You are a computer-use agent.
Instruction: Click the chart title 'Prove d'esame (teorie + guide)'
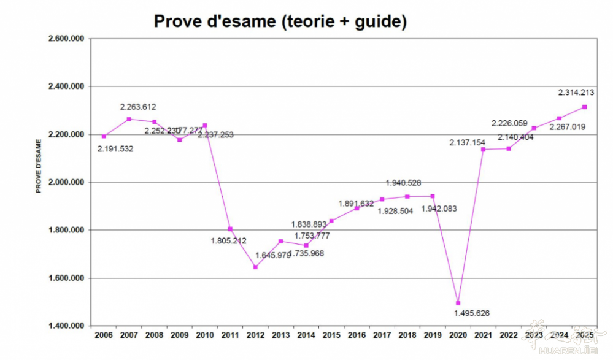[280, 21]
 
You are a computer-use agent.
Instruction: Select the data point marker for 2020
[458, 303]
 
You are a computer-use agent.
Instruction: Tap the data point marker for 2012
[255, 267]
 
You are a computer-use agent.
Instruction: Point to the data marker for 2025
[584, 107]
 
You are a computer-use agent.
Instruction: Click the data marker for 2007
[129, 119]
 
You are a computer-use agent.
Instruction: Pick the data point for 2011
[230, 229]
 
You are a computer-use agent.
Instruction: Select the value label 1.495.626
[472, 313]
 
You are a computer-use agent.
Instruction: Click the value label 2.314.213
[576, 93]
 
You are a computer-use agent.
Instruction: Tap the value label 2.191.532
[115, 148]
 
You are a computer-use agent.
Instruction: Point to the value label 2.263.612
[138, 107]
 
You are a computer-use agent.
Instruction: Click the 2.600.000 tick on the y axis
[66, 39]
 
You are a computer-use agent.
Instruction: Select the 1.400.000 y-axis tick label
[66, 326]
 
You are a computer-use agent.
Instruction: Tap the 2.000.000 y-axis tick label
[66, 182]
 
